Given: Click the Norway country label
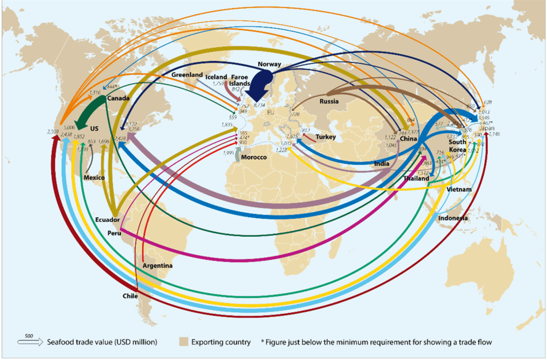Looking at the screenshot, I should coord(270,64).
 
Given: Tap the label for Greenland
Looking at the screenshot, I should coord(187,75).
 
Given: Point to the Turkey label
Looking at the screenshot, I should coord(325,137).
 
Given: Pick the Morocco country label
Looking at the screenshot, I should coord(254,157).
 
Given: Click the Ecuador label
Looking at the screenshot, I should coord(108,220).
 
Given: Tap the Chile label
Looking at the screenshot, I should coord(130,295).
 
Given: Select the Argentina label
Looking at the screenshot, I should coord(158,266).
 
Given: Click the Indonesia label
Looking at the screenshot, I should coord(453,218).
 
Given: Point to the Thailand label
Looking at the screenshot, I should coord(416,179).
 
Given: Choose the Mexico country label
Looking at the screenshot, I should coord(94,177).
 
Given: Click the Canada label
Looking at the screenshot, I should coord(117,98).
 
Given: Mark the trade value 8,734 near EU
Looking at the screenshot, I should coord(259,105).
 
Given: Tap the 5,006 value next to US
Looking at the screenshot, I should coord(70,127).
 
